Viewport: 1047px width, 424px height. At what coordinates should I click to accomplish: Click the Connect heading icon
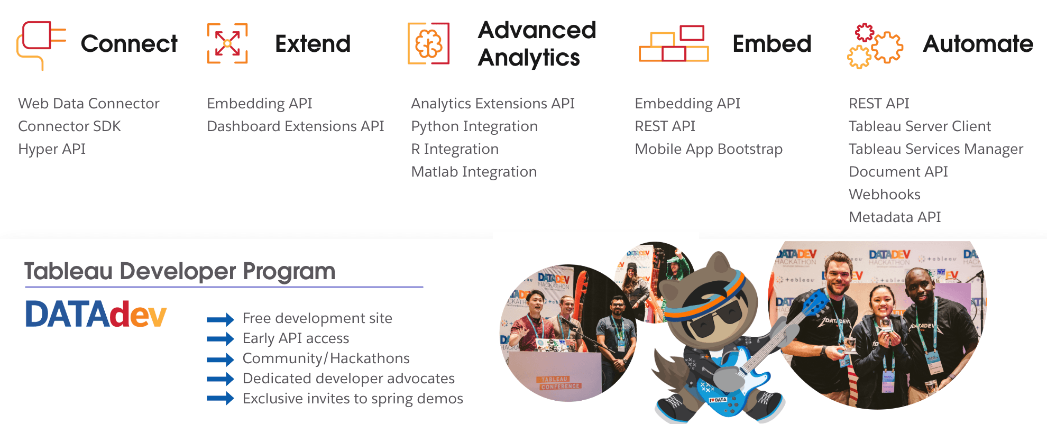(40, 44)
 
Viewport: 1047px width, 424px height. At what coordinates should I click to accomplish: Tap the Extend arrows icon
(227, 43)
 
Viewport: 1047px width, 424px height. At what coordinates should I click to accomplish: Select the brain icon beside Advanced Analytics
(428, 44)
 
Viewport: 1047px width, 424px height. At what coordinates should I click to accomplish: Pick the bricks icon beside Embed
(674, 44)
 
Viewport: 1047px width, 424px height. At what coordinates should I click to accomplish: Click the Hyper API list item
(52, 149)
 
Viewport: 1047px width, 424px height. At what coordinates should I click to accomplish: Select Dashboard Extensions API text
(295, 126)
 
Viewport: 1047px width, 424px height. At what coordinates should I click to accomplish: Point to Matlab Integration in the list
(474, 172)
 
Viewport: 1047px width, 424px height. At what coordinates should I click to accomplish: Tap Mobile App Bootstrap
(709, 149)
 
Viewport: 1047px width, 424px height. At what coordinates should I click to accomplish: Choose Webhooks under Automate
(885, 195)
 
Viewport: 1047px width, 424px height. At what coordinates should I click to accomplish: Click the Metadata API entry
(895, 217)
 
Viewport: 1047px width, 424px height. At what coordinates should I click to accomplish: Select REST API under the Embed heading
(665, 126)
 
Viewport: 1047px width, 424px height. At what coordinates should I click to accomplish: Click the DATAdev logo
(96, 315)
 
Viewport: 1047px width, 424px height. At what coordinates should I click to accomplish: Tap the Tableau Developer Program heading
(180, 271)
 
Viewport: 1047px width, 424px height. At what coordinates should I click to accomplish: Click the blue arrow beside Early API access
(220, 339)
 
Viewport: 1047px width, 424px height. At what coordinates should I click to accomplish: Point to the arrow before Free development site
(220, 319)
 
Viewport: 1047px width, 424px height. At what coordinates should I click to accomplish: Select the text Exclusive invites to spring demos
(353, 399)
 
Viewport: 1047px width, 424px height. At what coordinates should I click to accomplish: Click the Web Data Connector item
(89, 104)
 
